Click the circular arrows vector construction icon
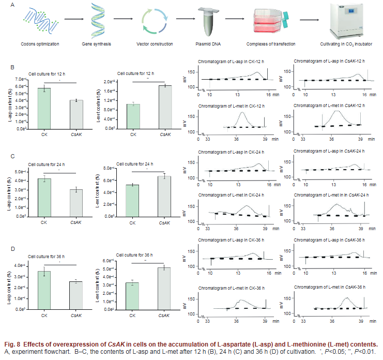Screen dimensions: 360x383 [154, 22]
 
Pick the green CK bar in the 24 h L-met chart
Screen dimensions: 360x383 [132, 192]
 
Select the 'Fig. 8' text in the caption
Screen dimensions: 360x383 [13, 344]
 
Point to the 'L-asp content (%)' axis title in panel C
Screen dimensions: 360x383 [11, 193]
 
